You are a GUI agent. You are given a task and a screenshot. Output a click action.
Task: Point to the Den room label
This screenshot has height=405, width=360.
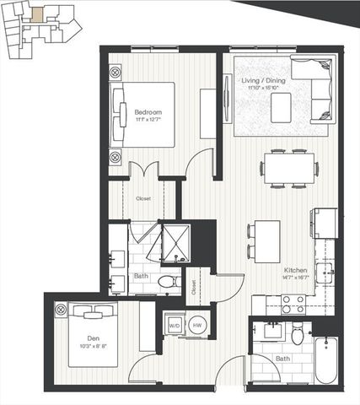click(94, 340)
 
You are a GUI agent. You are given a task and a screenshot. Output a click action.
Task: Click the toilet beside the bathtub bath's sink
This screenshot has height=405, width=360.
click(297, 335)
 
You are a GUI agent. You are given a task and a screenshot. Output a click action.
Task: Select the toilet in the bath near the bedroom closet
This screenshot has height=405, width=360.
click(167, 281)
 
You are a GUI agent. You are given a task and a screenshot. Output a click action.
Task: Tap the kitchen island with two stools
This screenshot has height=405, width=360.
click(268, 240)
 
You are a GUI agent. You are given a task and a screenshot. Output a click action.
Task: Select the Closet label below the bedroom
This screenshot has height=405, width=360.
click(143, 198)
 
